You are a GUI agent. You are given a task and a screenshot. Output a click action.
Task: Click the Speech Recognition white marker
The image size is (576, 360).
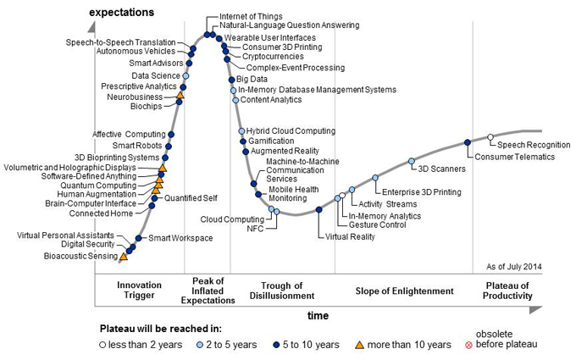tap(490, 136)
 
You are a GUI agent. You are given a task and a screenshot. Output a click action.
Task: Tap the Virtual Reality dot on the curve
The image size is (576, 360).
tap(318, 209)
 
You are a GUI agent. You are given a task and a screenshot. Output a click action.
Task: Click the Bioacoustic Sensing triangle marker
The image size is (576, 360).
tap(124, 256)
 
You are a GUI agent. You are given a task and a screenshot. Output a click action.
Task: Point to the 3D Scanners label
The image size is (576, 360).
tap(437, 169)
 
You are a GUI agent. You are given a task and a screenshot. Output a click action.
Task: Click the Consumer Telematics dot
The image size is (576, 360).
tap(468, 142)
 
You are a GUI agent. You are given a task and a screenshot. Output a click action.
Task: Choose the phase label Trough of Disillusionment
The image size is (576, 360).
tap(283, 291)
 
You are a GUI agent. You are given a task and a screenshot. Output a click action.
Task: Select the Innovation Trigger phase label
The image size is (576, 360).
tap(139, 291)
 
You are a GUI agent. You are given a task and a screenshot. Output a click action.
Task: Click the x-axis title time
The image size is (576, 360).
tap(318, 314)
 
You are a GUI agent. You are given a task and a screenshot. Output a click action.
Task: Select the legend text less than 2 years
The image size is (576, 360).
tap(149, 345)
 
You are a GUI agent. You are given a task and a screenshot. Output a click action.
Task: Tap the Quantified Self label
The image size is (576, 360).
tap(191, 198)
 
